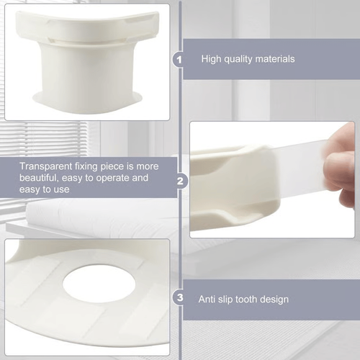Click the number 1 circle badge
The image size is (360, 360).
pyautogui.click(x=179, y=59)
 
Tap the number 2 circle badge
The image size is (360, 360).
pyautogui.click(x=179, y=181)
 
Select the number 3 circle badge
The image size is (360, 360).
pyautogui.click(x=179, y=298)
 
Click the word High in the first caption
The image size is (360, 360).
pyautogui.click(x=212, y=59)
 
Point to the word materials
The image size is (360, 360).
pyautogui.click(x=274, y=59)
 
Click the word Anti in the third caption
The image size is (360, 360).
pyautogui.click(x=210, y=298)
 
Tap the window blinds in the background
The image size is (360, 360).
pyautogui.click(x=43, y=137)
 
